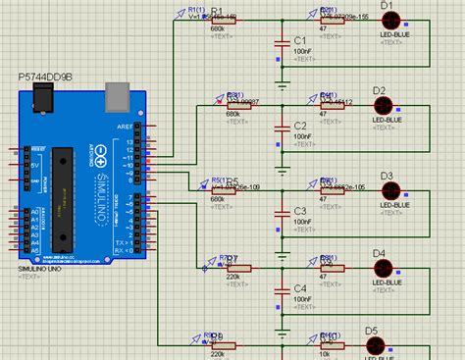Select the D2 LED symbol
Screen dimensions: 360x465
point(383,105)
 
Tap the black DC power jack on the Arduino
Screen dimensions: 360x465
point(42,96)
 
